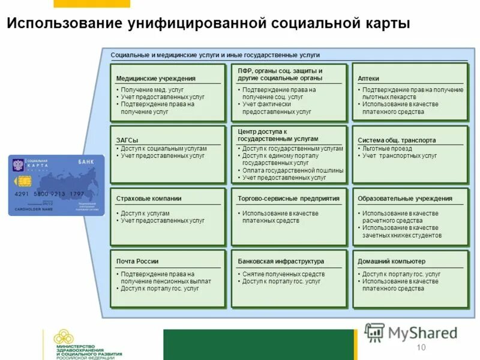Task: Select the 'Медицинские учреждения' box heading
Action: (155, 79)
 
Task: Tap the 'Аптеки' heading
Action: (368, 79)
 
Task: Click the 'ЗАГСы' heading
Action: (127, 140)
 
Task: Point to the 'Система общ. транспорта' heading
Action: (397, 140)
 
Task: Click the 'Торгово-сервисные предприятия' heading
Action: (288, 199)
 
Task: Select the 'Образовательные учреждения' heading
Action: (405, 199)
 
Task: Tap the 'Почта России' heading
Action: (137, 262)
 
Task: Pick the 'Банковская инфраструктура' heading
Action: (281, 262)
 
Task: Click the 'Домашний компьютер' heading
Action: (391, 262)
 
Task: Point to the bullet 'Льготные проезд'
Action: (387, 148)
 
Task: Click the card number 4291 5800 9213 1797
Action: (49, 194)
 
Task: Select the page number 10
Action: (420, 348)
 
